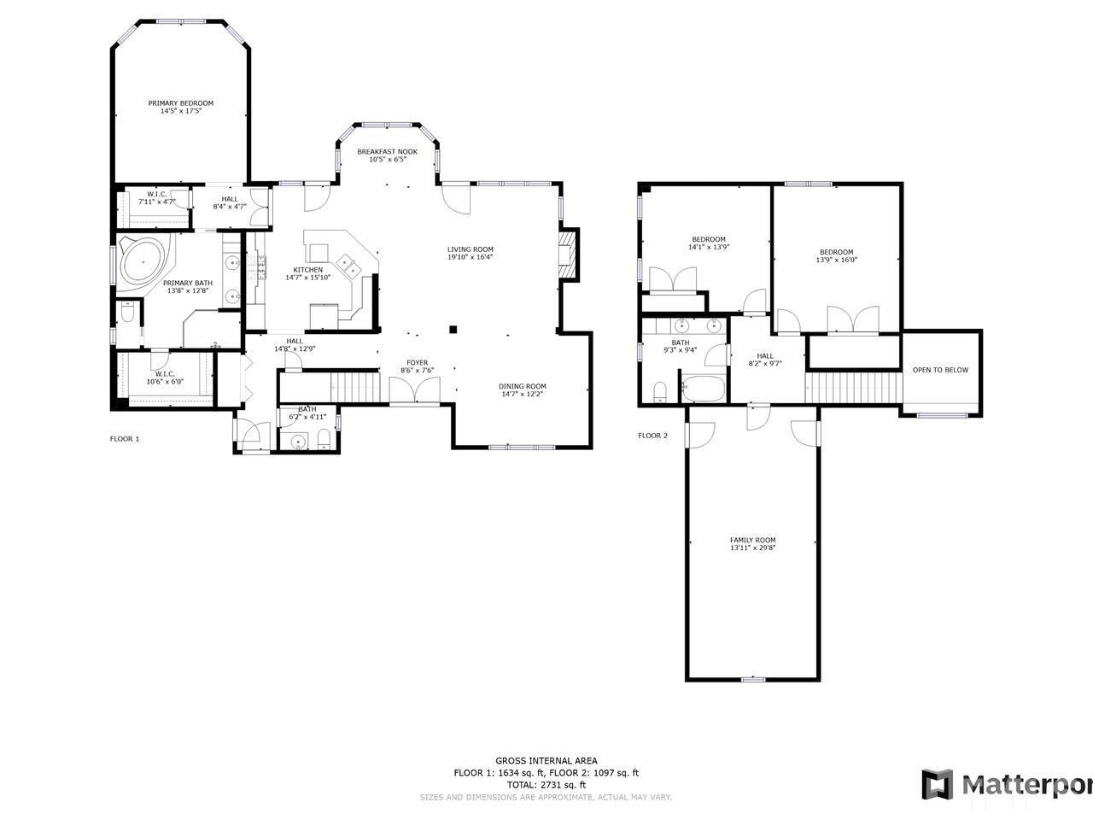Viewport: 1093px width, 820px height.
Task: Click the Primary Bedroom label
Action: [180, 103]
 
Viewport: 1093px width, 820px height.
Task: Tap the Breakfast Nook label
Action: [387, 151]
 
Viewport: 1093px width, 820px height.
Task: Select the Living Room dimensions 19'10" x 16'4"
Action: [471, 257]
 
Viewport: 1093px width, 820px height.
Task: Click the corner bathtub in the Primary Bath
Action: [143, 261]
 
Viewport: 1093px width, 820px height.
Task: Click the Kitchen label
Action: [307, 270]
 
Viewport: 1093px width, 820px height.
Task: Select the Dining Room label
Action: [522, 386]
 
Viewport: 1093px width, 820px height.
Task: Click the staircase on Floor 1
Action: [330, 386]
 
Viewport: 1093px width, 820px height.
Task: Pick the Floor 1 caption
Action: [124, 439]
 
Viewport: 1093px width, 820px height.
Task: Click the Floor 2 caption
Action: [652, 436]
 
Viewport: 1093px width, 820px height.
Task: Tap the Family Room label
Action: [752, 540]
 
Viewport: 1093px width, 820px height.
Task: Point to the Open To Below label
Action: [940, 370]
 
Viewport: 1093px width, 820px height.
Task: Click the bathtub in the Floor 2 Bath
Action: [703, 388]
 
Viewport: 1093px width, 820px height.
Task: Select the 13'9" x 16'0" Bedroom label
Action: [836, 252]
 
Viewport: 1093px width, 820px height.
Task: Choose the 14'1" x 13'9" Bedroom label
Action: [708, 239]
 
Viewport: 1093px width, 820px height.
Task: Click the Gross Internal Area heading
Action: [546, 760]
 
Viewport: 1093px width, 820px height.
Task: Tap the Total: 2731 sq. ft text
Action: [546, 784]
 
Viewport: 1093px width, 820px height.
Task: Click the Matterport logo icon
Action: [937, 784]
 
